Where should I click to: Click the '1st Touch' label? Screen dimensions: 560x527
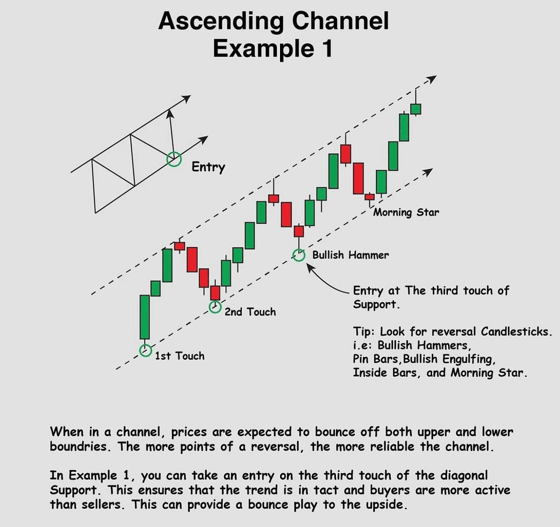click(180, 356)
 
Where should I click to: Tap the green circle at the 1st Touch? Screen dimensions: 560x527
click(146, 350)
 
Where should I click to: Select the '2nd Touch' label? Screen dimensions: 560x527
click(250, 312)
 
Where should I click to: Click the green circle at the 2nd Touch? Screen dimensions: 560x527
click(215, 307)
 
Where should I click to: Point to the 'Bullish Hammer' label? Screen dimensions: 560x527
click(350, 255)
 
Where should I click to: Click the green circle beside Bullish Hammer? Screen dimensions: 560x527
click(299, 255)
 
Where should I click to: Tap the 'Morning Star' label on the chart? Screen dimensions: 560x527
click(406, 213)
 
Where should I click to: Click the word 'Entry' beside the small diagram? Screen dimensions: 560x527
click(208, 167)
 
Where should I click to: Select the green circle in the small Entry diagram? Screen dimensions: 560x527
click(174, 159)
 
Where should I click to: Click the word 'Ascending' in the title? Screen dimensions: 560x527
click(221, 21)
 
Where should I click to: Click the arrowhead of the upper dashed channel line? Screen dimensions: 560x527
click(432, 78)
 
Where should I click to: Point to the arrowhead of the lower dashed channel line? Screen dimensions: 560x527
click(427, 172)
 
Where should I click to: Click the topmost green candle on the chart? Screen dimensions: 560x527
click(415, 109)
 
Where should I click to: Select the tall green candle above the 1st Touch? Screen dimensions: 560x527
click(145, 317)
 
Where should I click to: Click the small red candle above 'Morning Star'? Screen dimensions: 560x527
click(370, 197)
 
